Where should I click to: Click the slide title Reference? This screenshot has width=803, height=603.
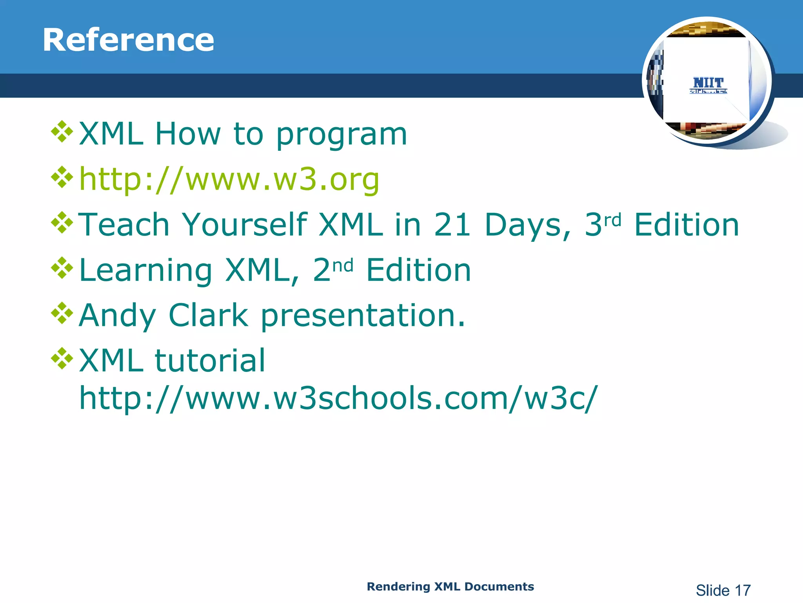click(x=128, y=40)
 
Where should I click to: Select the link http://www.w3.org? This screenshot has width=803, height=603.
click(x=229, y=179)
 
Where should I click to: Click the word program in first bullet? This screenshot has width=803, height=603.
click(x=342, y=135)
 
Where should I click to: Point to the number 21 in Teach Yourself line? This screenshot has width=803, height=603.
click(x=452, y=225)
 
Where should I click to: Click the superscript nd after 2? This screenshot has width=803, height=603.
click(x=343, y=266)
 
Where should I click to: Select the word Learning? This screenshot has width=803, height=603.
click(x=145, y=270)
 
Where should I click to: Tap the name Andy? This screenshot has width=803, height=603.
click(x=118, y=316)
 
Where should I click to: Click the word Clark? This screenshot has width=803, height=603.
click(x=209, y=315)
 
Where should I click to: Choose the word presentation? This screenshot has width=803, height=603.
click(x=363, y=316)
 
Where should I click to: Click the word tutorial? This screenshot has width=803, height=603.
click(x=210, y=360)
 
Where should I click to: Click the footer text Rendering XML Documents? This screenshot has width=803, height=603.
click(x=450, y=587)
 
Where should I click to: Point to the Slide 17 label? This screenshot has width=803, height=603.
click(x=723, y=590)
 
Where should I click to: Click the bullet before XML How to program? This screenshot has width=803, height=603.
click(x=62, y=132)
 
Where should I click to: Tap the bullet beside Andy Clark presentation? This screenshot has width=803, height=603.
click(x=62, y=313)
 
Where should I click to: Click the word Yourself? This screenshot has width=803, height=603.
click(x=245, y=225)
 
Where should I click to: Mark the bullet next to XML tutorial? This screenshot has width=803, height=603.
click(x=62, y=358)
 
